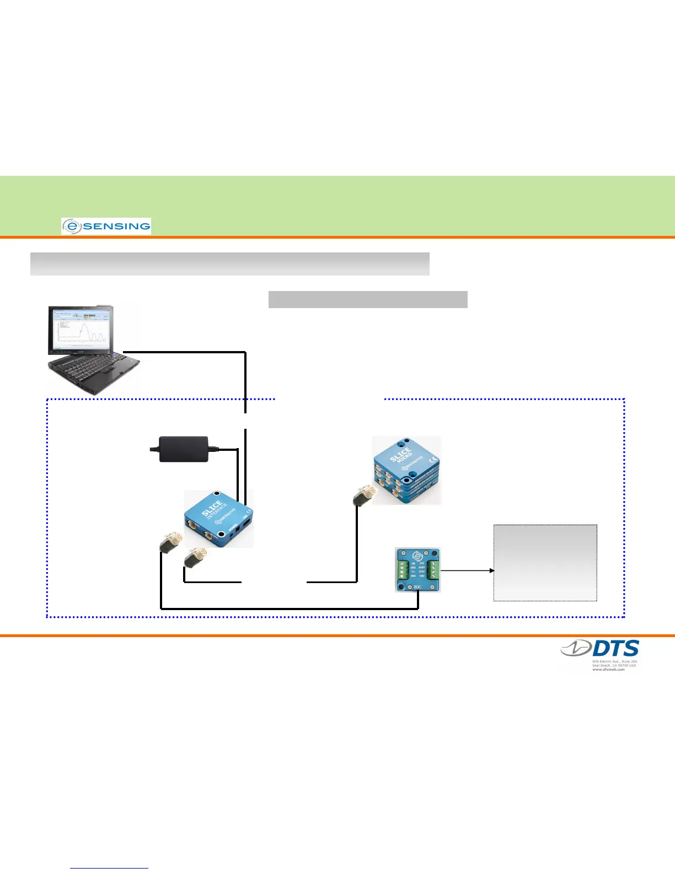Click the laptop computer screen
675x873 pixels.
coord(83,330)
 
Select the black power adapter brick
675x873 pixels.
coord(184,449)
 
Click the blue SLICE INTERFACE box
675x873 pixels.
coord(218,518)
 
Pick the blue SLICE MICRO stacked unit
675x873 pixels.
coord(407,470)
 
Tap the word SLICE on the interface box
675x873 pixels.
coord(212,508)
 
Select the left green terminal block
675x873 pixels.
coord(402,570)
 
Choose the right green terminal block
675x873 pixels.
coord(433,570)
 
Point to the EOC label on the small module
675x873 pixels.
coord(417,587)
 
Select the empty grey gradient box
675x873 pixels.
coord(545,562)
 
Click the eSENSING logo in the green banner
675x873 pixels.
coord(106,226)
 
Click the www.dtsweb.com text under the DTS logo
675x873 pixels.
coord(608,669)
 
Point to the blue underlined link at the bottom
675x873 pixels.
coord(109,868)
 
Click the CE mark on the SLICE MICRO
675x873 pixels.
coord(433,459)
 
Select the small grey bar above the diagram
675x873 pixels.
coord(368,299)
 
